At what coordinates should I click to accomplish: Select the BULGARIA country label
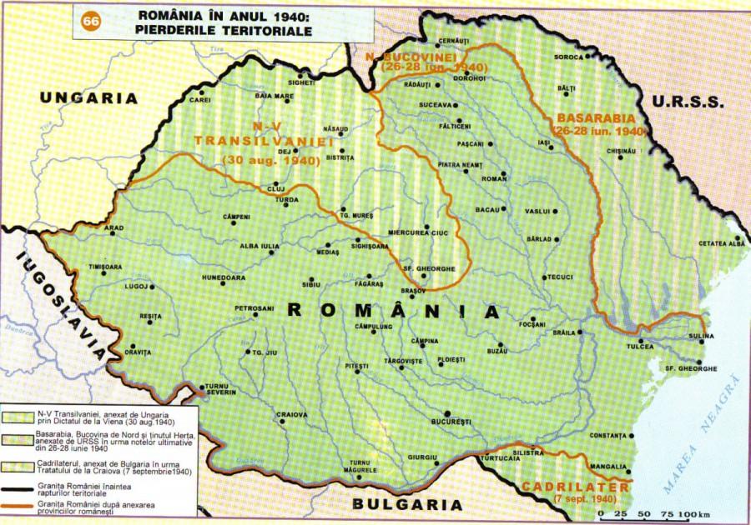click(406, 504)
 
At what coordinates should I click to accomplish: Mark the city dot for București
click(447, 413)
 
